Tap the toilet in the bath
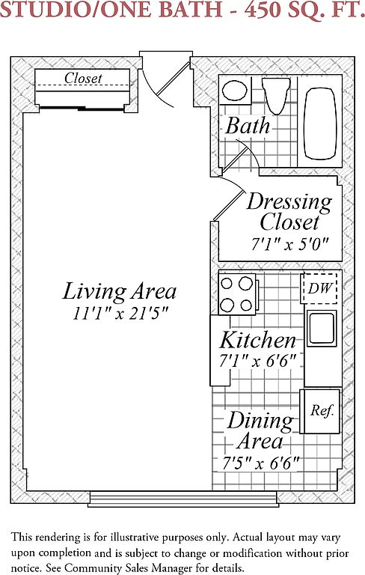[276, 95]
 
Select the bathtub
[320, 124]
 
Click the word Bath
[248, 126]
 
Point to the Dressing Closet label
[289, 212]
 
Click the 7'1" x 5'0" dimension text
[289, 243]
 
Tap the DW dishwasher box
[319, 288]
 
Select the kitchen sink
[322, 329]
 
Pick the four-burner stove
[237, 294]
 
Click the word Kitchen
[257, 340]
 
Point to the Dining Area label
[260, 431]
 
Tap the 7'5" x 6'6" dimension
[261, 463]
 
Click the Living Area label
[119, 291]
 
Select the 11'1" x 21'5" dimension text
[120, 314]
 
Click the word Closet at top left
[83, 78]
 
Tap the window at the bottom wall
[182, 499]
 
